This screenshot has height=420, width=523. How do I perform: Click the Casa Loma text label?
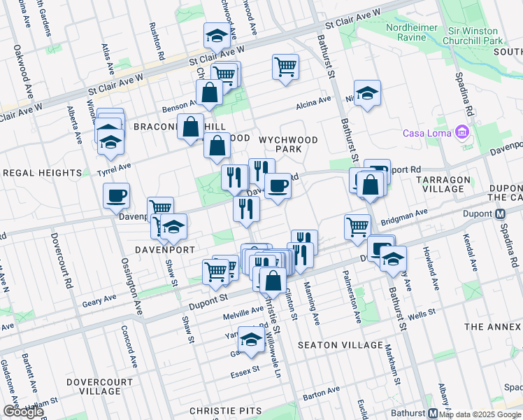click(427, 134)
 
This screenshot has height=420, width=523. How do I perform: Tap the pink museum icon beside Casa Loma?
click(461, 132)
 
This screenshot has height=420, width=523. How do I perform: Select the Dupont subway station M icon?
click(501, 214)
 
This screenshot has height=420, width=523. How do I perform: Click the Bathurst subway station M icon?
click(433, 413)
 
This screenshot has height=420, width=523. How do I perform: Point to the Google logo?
click(23, 412)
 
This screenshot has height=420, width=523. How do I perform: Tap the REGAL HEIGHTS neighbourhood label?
click(42, 172)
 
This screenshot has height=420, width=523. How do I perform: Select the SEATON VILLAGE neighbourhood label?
click(340, 345)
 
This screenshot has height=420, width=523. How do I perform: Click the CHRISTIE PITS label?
click(225, 411)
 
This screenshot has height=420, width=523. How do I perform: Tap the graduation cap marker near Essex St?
click(250, 339)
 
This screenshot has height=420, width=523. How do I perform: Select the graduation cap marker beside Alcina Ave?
click(366, 92)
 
